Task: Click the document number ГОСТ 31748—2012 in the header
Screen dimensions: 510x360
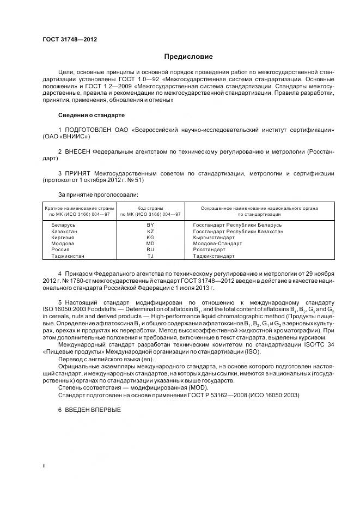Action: tap(66, 39)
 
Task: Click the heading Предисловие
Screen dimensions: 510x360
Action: tap(188, 57)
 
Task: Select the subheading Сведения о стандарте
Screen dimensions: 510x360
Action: tap(91, 116)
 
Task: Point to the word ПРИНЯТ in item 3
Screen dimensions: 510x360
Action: tap(79, 173)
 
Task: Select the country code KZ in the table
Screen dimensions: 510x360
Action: tap(151, 232)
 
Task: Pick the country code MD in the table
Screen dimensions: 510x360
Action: tap(151, 244)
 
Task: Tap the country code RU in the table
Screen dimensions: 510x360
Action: tap(151, 250)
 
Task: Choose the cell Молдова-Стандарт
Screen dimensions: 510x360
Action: tap(217, 244)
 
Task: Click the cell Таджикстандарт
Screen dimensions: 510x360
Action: tap(213, 256)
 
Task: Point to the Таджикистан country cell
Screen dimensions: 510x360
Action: tap(68, 256)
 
